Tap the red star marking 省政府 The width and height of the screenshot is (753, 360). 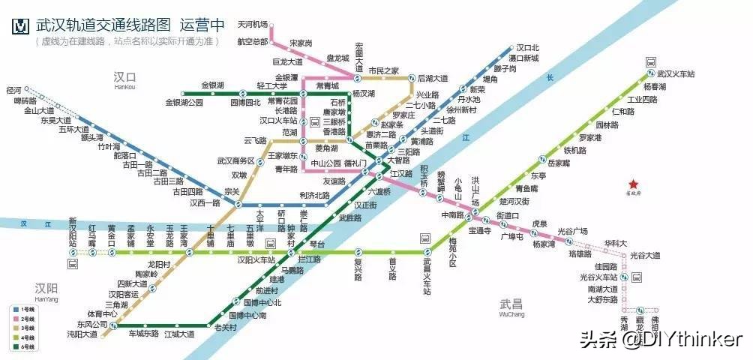click(x=633, y=184)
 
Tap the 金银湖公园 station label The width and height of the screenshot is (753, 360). click(x=184, y=102)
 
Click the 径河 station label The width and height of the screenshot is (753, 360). click(x=13, y=90)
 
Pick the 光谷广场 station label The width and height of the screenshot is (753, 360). click(x=572, y=230)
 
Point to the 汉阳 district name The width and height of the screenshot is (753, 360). click(x=46, y=288)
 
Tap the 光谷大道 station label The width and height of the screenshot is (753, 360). click(x=644, y=255)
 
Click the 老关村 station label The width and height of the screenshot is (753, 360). click(x=225, y=328)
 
